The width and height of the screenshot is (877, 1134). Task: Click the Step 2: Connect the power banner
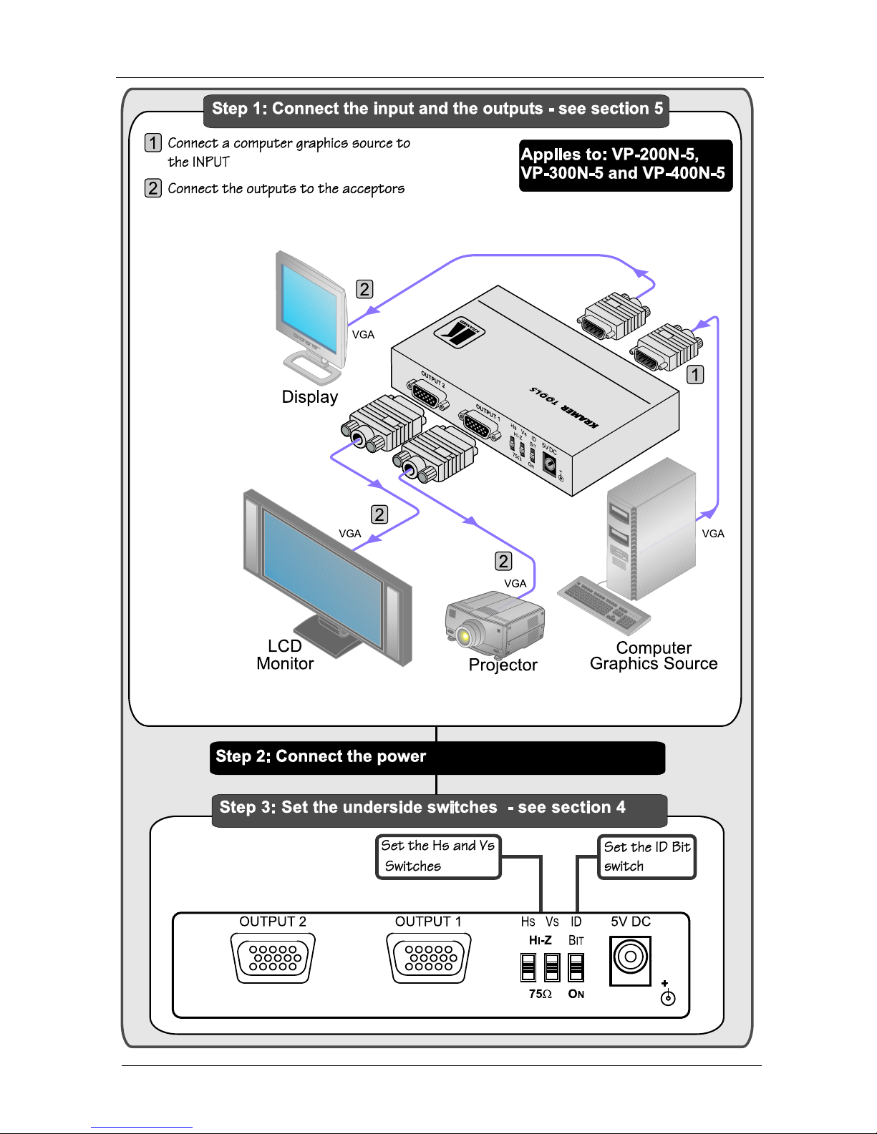click(x=437, y=758)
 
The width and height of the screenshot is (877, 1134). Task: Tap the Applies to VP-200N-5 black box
click(x=625, y=165)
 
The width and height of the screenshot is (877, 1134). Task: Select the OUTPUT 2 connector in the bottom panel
click(x=273, y=958)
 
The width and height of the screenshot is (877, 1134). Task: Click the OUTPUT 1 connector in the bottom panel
click(x=428, y=958)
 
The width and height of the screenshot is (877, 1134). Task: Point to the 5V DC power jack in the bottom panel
click(x=631, y=958)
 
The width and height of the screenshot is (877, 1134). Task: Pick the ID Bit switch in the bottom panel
click(x=576, y=967)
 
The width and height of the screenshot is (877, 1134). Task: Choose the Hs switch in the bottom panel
click(x=528, y=967)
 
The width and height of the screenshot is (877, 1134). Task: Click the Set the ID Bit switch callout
click(x=646, y=856)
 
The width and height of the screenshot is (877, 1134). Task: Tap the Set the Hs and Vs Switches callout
click(x=437, y=856)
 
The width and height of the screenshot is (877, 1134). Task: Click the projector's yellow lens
click(x=464, y=635)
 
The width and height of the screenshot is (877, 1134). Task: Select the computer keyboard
click(x=604, y=605)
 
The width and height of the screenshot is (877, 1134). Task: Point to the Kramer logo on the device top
click(x=460, y=332)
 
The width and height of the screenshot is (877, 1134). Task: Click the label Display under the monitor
click(x=309, y=397)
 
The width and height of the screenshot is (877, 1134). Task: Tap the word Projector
click(x=503, y=665)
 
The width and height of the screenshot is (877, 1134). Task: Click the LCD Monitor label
click(x=285, y=655)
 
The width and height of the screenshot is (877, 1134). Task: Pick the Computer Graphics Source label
click(x=653, y=656)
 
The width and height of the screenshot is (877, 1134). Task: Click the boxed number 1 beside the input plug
click(x=695, y=374)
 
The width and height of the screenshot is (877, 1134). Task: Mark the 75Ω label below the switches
click(x=540, y=994)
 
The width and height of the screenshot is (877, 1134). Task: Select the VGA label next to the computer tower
click(x=713, y=534)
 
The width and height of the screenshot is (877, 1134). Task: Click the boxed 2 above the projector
click(x=504, y=562)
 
